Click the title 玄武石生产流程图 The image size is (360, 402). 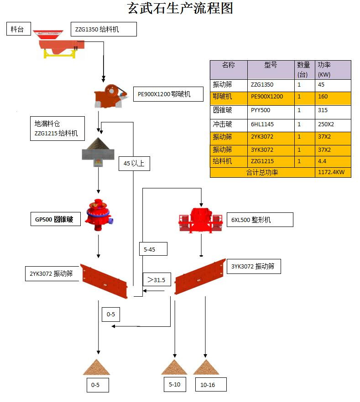coord(180,8)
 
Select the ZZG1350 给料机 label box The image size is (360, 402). coord(103,29)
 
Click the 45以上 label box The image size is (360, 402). coord(134,163)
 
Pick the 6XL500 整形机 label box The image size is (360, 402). coord(260,220)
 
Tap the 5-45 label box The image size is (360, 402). coord(153,249)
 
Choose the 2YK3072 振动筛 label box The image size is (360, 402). coord(51,273)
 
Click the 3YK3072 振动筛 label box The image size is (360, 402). coord(254,266)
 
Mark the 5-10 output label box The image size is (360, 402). coord(175,384)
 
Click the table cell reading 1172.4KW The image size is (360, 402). coord(333,173)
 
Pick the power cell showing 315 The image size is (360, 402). coord(333,110)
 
